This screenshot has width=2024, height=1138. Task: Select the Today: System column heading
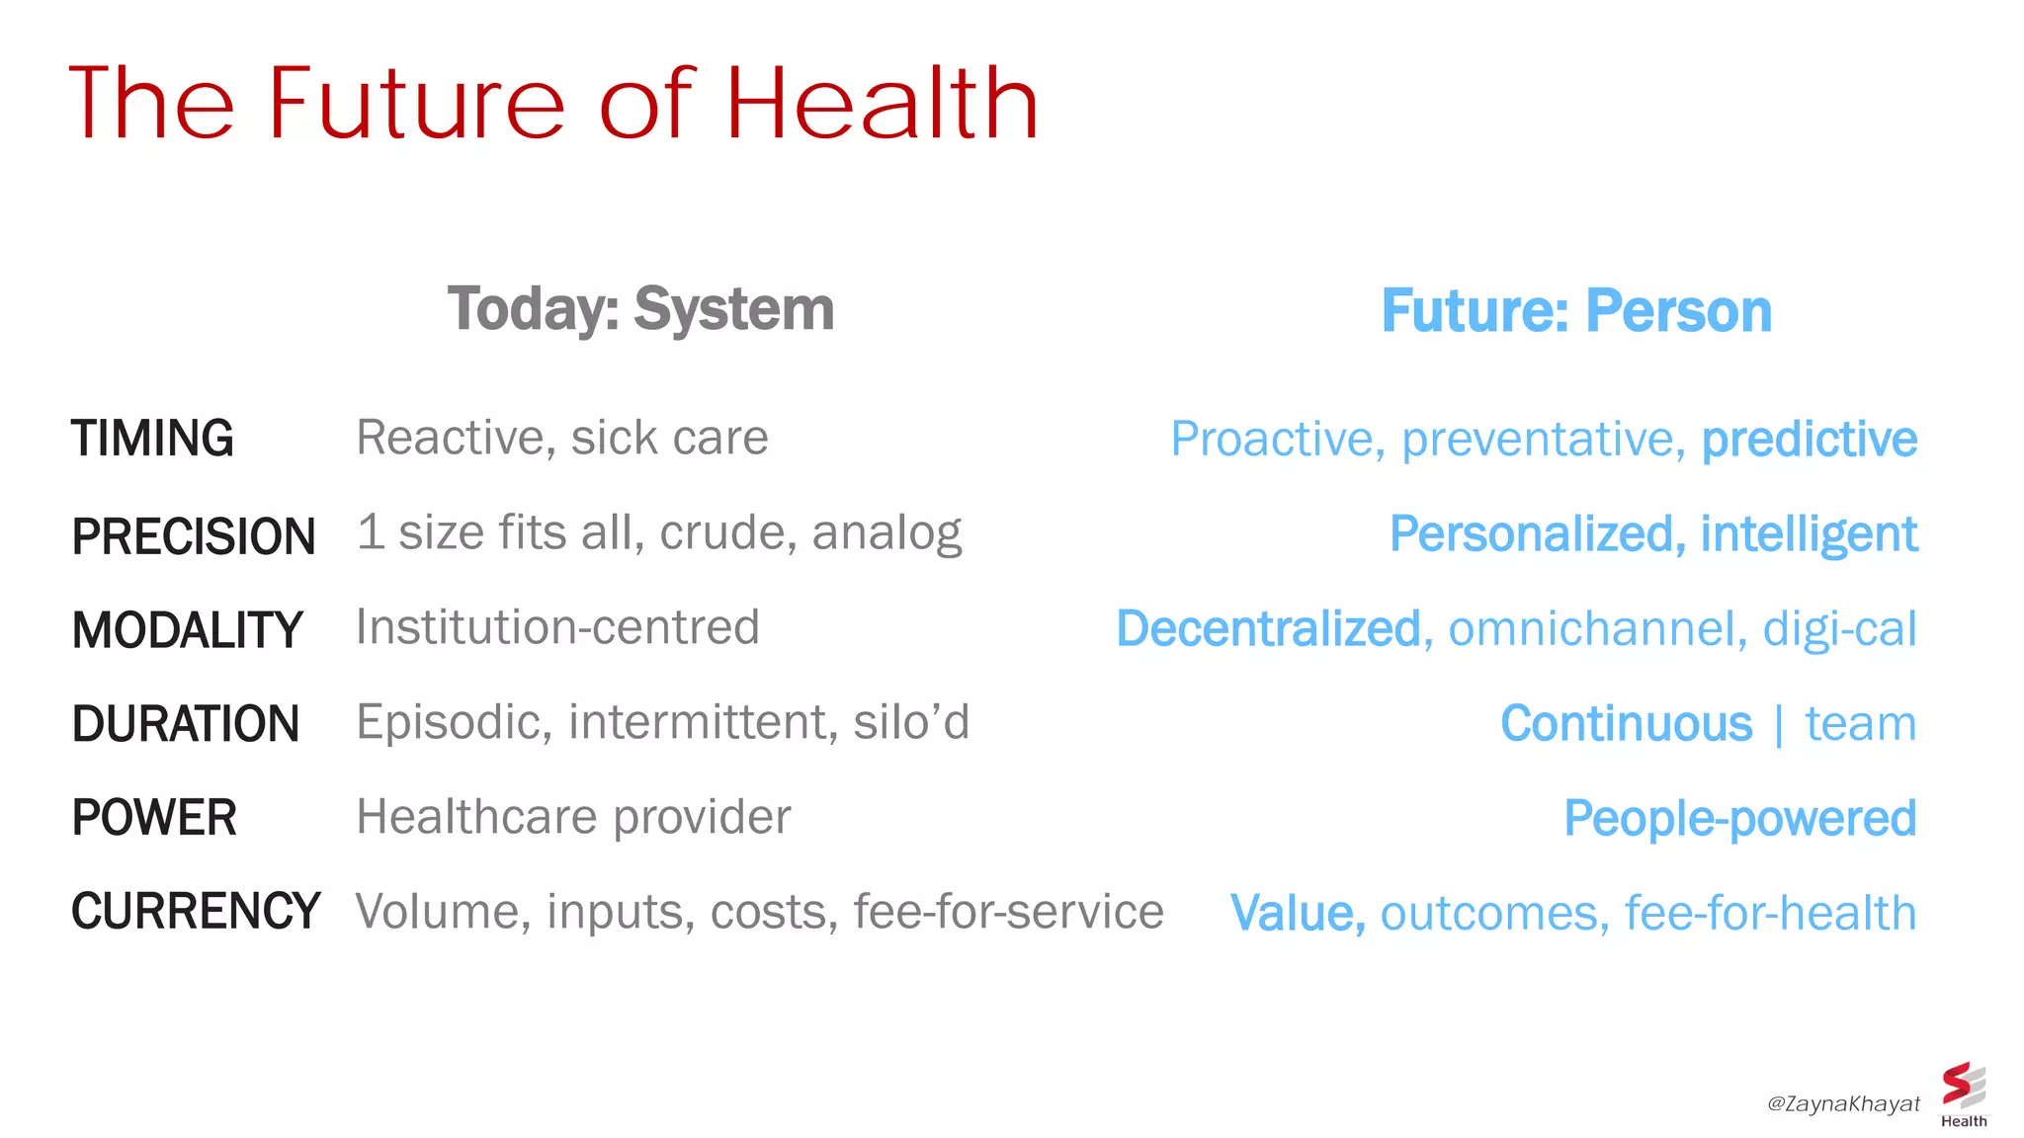click(x=640, y=309)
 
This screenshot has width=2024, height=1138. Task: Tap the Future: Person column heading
click(x=1576, y=311)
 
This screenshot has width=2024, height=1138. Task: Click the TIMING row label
click(x=152, y=439)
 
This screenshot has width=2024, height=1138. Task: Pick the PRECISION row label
click(x=193, y=536)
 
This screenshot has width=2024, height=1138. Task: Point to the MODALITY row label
click(x=187, y=630)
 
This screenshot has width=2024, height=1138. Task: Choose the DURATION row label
click(x=185, y=724)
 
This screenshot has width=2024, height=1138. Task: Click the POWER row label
click(x=153, y=818)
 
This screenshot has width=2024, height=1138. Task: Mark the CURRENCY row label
click(x=196, y=911)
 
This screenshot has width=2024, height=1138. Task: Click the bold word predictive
click(x=1809, y=440)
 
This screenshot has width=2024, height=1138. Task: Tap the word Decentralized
click(x=1268, y=629)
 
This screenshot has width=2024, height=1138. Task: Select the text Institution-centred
click(x=557, y=627)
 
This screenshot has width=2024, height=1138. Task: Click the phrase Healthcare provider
click(x=573, y=817)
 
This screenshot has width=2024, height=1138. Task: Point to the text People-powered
click(x=1739, y=819)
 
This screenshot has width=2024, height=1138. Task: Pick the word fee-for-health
click(x=1770, y=913)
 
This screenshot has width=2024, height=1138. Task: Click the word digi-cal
click(x=1839, y=629)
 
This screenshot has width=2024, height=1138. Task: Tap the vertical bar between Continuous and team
click(x=1779, y=725)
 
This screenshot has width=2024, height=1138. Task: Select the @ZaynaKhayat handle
click(x=1843, y=1103)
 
